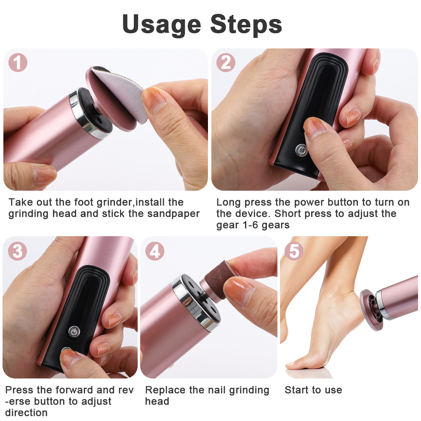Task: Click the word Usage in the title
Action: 162,24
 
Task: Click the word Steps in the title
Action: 246,25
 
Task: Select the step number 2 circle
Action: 226,63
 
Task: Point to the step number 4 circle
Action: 155,251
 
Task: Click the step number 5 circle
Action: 294,251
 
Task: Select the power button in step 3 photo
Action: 75,332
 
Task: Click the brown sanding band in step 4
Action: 219,282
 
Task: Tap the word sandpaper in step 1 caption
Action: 173,213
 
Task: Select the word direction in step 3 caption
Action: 26,413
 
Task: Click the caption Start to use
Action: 313,390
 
